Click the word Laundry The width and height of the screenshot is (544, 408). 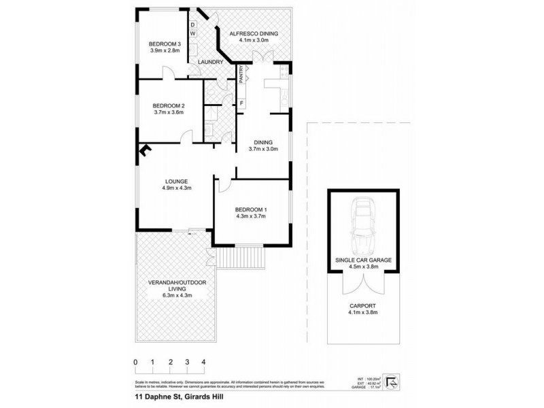(211, 63)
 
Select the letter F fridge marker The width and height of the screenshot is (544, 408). (241, 103)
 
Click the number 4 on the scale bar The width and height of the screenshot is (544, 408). (203, 361)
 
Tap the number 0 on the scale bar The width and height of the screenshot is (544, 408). (136, 361)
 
